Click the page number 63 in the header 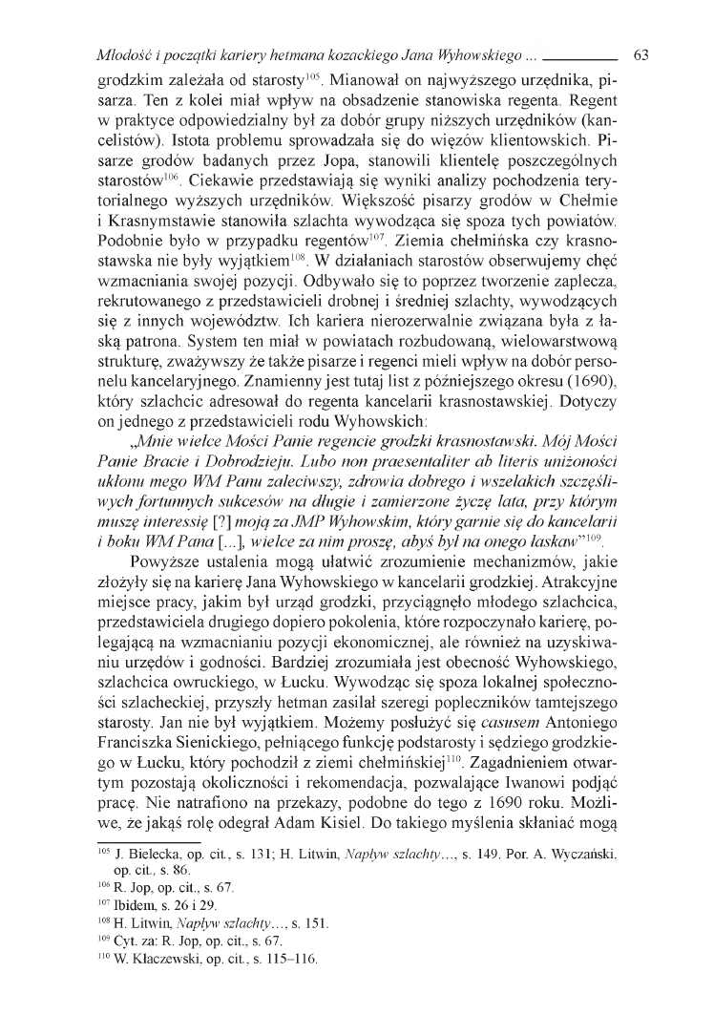(x=640, y=54)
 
